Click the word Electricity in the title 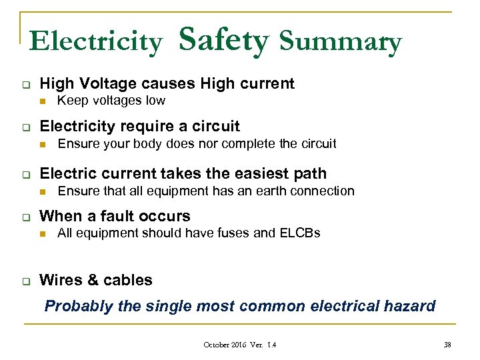point(95,42)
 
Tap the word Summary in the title point(341,42)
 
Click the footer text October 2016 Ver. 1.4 point(240,345)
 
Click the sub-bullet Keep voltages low point(111,101)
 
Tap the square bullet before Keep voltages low point(42,101)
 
